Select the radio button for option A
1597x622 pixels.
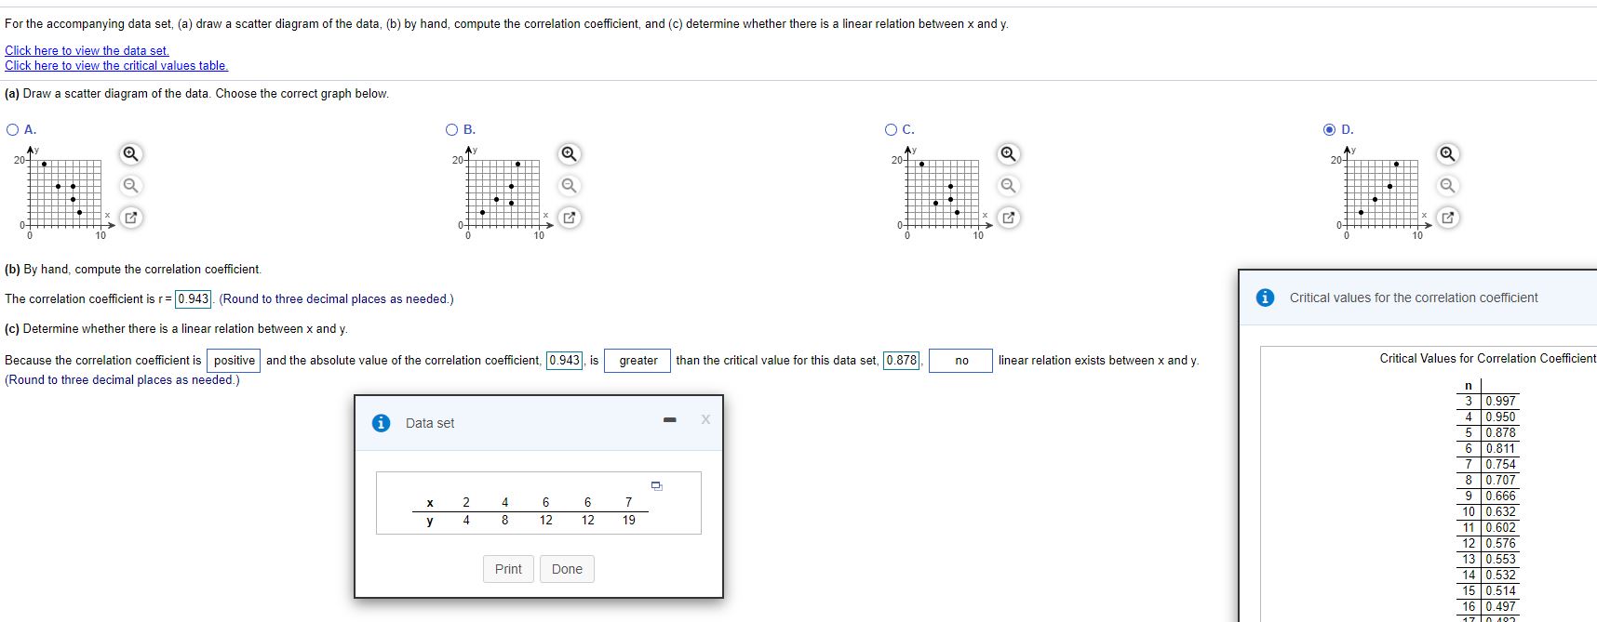click(12, 130)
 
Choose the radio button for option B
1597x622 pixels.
click(451, 130)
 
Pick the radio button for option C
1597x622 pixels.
click(891, 130)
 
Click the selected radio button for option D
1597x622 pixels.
click(1330, 130)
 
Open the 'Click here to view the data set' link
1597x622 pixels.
click(87, 50)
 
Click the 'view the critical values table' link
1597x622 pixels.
click(116, 65)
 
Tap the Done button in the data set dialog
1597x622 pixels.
click(567, 569)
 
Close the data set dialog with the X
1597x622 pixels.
click(705, 419)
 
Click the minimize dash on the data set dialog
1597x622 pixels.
click(669, 420)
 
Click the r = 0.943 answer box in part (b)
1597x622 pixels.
click(194, 298)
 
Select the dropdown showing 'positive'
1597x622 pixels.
click(234, 361)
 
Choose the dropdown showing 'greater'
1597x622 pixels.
click(637, 361)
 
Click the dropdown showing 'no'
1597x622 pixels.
click(960, 361)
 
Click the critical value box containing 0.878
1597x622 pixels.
click(901, 361)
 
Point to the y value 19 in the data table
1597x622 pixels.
click(629, 521)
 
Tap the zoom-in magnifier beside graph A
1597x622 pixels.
click(131, 153)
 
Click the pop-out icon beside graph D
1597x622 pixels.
click(1448, 218)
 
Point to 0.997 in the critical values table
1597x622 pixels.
click(1500, 402)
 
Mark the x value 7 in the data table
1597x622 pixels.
click(628, 503)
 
